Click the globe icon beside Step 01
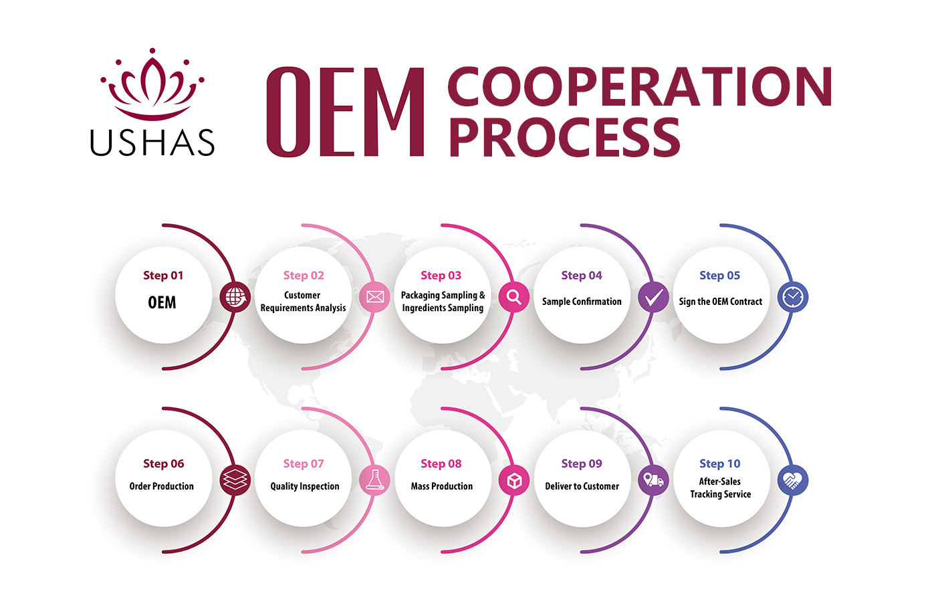click(x=235, y=297)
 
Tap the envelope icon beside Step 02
click(x=375, y=297)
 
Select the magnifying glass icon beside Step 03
click(x=514, y=297)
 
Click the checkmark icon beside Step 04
click(x=653, y=297)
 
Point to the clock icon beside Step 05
click(x=793, y=297)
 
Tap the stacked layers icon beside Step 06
click(x=235, y=480)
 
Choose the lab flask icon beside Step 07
click(x=375, y=480)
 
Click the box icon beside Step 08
click(x=514, y=480)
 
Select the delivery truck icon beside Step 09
click(x=653, y=480)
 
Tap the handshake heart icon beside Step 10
click(x=793, y=480)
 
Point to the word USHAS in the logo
click(x=152, y=142)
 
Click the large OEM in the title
click(x=345, y=112)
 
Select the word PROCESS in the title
click(x=564, y=138)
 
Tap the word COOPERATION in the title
click(x=639, y=87)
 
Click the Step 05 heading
click(x=719, y=276)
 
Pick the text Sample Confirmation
click(x=582, y=302)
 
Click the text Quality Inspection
click(x=304, y=486)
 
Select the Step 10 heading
click(x=719, y=464)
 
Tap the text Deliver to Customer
click(x=582, y=486)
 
